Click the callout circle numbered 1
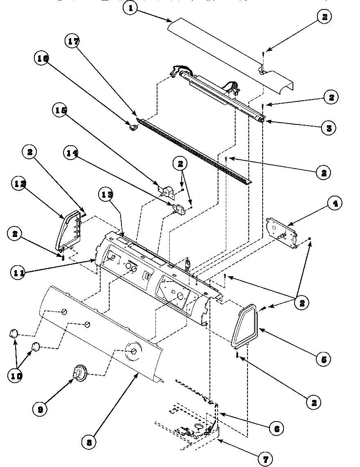point(130,8)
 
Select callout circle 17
point(73,41)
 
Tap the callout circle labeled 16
point(42,59)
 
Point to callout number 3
point(328,127)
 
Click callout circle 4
point(335,203)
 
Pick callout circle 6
point(277,428)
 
